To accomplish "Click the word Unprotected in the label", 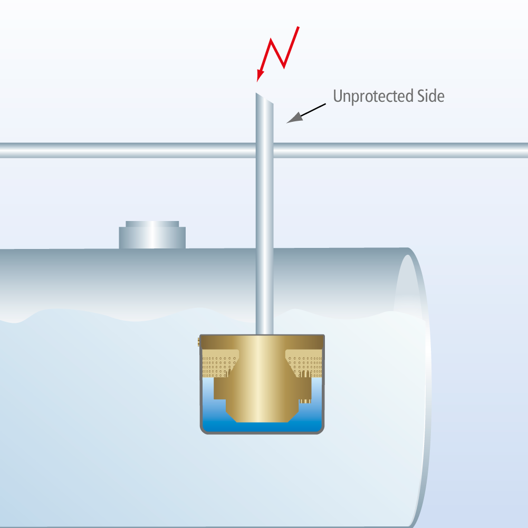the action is coord(373,97).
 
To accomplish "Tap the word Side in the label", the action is coord(431,96).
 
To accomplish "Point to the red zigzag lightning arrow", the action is coord(278,54).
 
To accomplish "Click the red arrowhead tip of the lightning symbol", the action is coord(257,81).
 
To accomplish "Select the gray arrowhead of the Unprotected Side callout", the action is coord(294,118).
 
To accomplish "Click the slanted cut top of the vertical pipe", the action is coord(265,98).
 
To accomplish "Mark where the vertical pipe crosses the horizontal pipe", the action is coord(265,150).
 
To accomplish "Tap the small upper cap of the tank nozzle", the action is coord(152,224).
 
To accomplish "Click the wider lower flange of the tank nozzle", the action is coord(152,238).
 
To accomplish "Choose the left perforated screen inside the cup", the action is coord(218,363).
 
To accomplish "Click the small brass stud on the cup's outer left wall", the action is coord(199,342).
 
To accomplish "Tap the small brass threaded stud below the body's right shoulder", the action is coord(305,401).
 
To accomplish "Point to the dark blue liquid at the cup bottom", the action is coord(262,427).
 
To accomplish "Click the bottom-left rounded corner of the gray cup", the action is coord(204,431).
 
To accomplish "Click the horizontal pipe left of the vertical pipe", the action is coord(128,150).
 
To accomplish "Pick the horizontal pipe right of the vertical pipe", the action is coord(401,150).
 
